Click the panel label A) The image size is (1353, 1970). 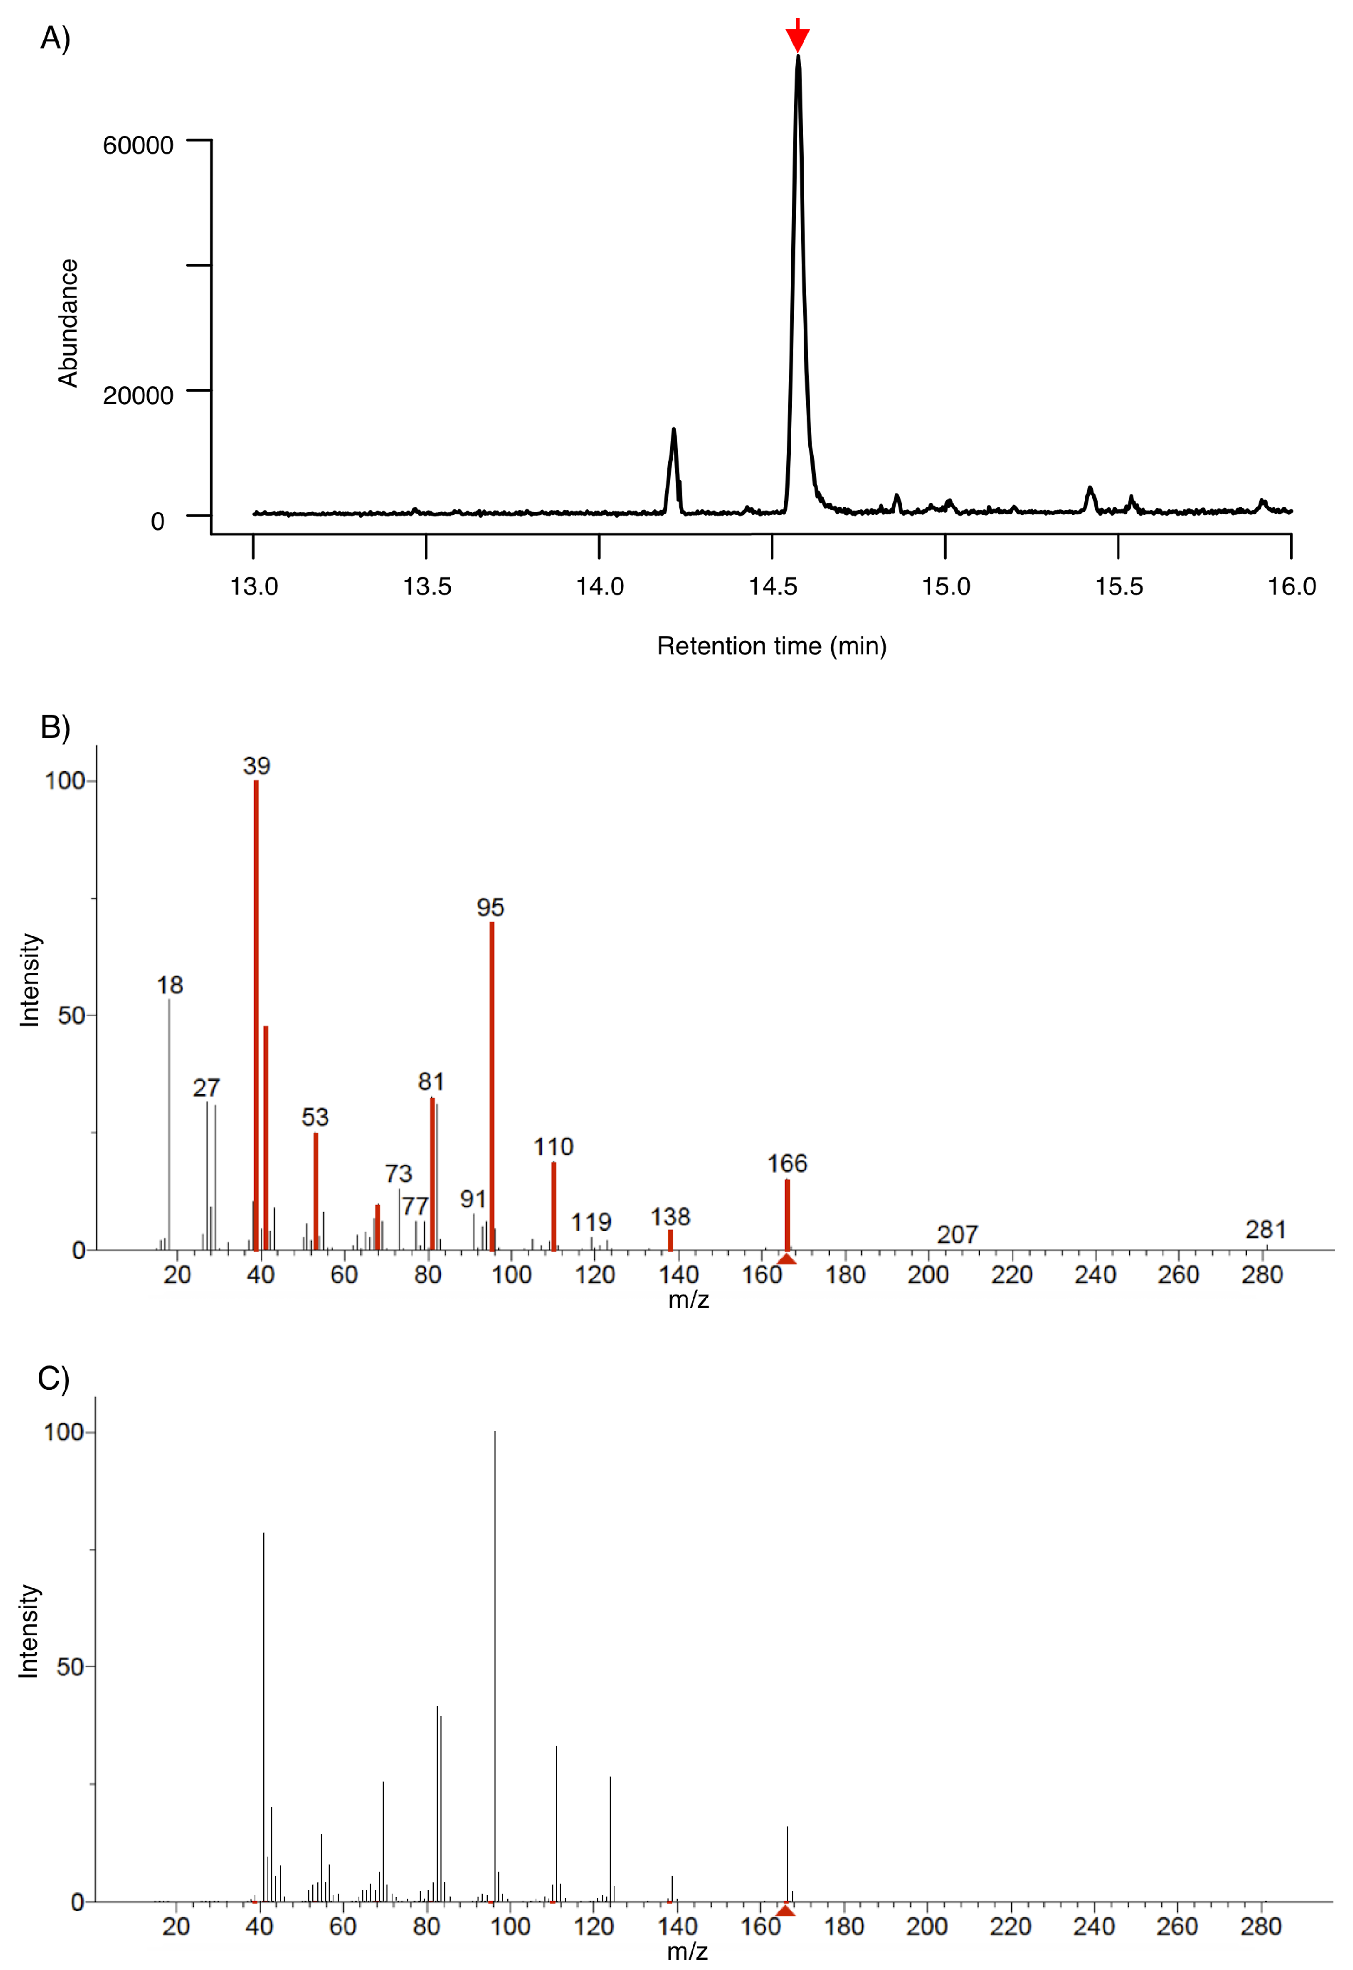55,38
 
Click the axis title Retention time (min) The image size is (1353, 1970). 771,646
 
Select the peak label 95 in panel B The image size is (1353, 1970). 490,908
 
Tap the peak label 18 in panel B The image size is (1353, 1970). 170,985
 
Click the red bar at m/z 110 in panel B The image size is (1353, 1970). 554,1204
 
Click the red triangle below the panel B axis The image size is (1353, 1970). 787,1258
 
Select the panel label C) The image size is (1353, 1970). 53,1378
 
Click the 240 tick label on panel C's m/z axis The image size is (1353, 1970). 1093,1926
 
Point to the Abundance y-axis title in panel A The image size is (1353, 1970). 68,323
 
